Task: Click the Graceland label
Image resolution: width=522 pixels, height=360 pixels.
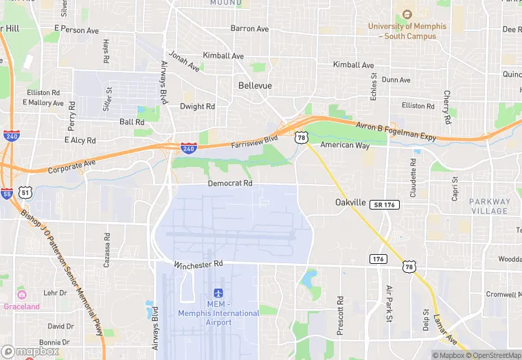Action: tap(22, 306)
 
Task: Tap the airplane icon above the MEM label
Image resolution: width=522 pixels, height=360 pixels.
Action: tap(219, 293)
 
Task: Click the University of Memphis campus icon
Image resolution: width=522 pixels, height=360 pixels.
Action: tap(407, 14)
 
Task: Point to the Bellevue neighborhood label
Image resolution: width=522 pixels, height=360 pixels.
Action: tap(255, 86)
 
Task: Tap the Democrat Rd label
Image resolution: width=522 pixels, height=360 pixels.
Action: tap(230, 183)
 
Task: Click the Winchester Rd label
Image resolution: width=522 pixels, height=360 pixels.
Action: tap(198, 264)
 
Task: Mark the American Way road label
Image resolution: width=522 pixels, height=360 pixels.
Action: tap(345, 145)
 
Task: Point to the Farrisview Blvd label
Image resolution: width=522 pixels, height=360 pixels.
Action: tap(254, 140)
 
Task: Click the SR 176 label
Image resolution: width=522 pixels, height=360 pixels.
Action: tap(385, 205)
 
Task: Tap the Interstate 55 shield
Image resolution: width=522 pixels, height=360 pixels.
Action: tap(6, 193)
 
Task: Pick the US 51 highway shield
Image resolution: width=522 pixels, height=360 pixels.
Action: tap(25, 193)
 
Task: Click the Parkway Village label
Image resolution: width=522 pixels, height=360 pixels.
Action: tap(490, 206)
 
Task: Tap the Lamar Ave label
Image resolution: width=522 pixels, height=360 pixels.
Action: tap(444, 330)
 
